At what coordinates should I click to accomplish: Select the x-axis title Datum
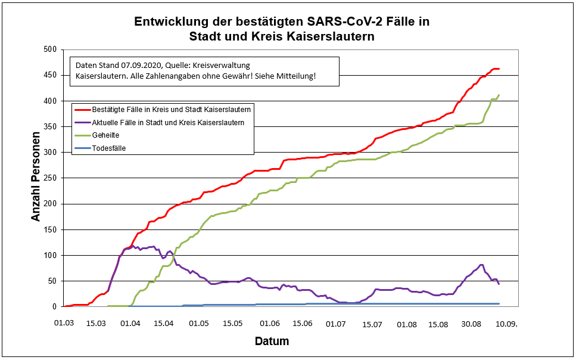(272, 342)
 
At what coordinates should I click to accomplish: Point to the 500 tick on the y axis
(49, 49)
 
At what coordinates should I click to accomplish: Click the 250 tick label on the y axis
(49, 178)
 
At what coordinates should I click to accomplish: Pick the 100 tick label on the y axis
(49, 255)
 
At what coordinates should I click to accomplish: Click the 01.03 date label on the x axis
(64, 323)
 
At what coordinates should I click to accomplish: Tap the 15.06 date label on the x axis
(302, 323)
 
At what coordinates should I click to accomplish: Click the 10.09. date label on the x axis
(506, 323)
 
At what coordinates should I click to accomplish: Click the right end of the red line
(499, 69)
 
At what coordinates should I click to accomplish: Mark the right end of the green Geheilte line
(499, 95)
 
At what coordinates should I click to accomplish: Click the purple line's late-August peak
(481, 265)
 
